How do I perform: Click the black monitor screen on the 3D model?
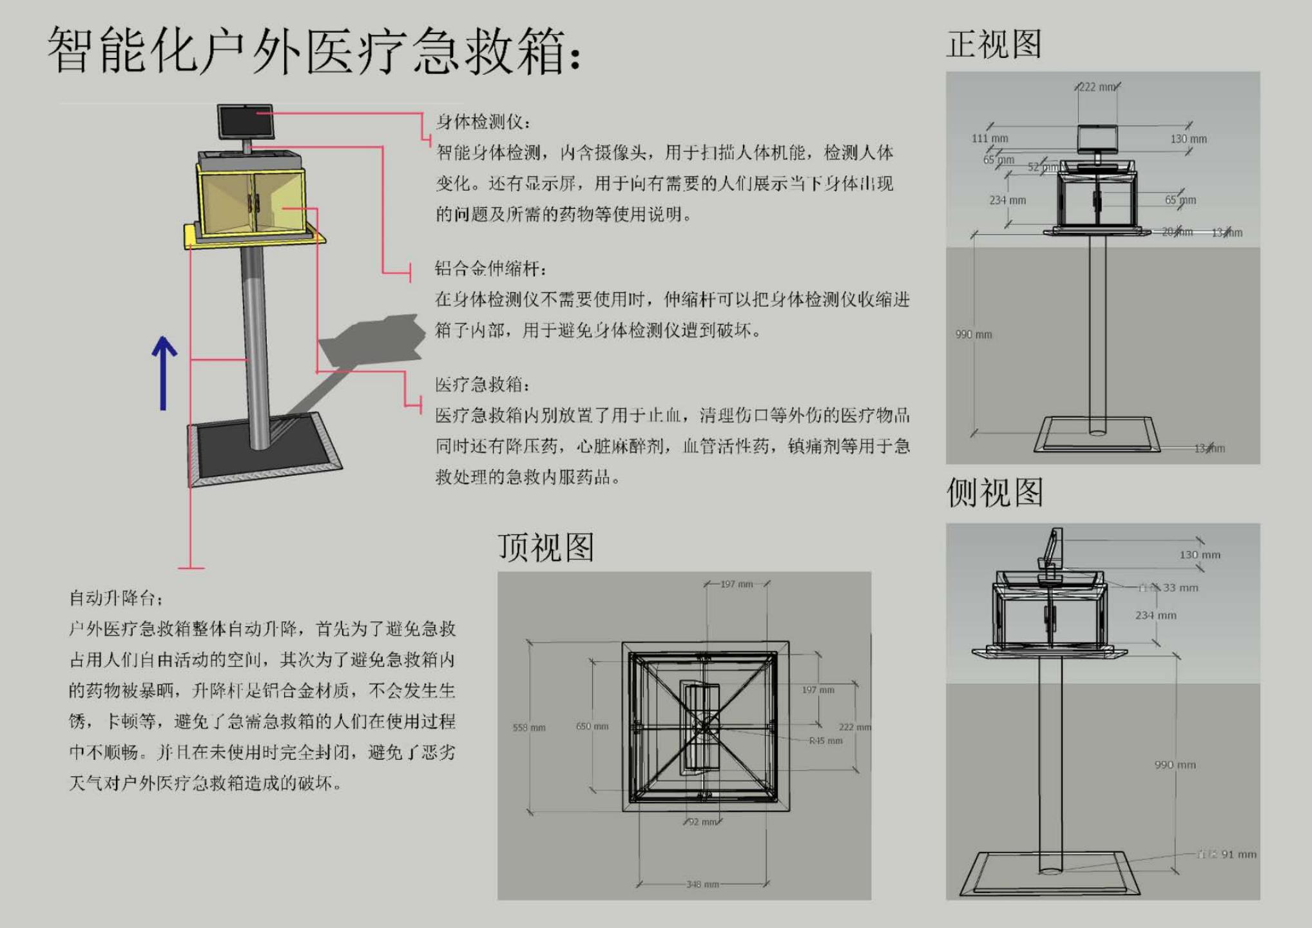point(245,121)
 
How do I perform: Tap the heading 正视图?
point(993,44)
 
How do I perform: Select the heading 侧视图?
point(994,492)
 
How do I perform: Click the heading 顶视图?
point(545,547)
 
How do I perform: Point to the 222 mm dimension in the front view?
point(1097,87)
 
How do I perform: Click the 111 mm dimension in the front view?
point(990,139)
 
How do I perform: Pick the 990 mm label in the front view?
point(974,334)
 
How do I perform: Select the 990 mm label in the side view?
point(1175,765)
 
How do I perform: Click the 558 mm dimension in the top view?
point(529,728)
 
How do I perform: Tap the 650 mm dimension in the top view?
point(592,726)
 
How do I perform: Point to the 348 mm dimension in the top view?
point(702,884)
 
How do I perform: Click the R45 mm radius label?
point(825,741)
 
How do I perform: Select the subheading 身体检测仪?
point(483,122)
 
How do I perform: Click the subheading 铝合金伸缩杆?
point(490,268)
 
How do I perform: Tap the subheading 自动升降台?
point(116,598)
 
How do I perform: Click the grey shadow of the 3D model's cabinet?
point(374,338)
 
